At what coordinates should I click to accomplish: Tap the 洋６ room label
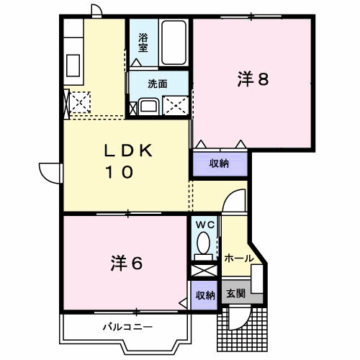click(126, 264)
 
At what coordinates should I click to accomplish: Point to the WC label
click(205, 224)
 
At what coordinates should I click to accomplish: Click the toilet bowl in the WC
click(205, 243)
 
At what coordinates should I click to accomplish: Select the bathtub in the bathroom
click(174, 42)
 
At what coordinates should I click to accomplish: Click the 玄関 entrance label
click(235, 294)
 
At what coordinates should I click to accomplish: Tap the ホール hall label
click(238, 258)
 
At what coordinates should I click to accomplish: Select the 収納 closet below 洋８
click(219, 163)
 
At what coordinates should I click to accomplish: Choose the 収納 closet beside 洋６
click(205, 295)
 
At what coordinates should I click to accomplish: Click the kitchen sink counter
click(73, 61)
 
